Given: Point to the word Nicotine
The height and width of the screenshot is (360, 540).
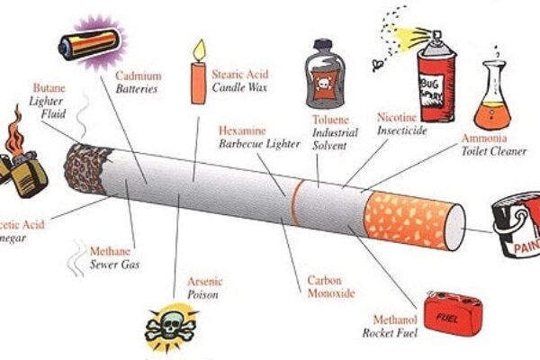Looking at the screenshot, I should tap(396, 116).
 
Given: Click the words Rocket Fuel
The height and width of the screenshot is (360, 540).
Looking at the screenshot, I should tap(390, 332).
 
